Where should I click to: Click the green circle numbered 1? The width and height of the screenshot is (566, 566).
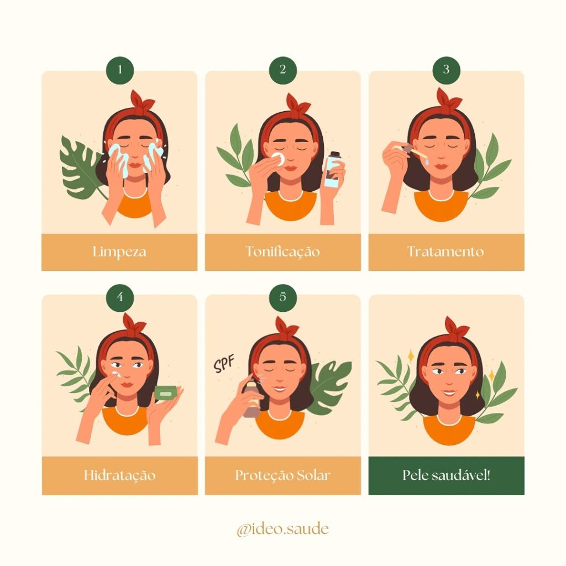(119, 70)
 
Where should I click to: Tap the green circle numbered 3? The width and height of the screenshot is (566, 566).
(446, 70)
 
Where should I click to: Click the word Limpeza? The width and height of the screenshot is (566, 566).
(119, 252)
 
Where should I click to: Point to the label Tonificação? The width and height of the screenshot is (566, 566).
(283, 252)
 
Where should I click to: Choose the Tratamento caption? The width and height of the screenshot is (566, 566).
(446, 252)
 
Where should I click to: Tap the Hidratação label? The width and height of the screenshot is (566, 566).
(119, 475)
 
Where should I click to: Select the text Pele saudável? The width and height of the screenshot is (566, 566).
(446, 475)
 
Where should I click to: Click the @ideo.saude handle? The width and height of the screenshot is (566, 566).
(282, 529)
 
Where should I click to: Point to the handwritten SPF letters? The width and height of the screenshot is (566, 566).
(224, 365)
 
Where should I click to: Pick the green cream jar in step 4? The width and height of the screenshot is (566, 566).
(165, 392)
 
